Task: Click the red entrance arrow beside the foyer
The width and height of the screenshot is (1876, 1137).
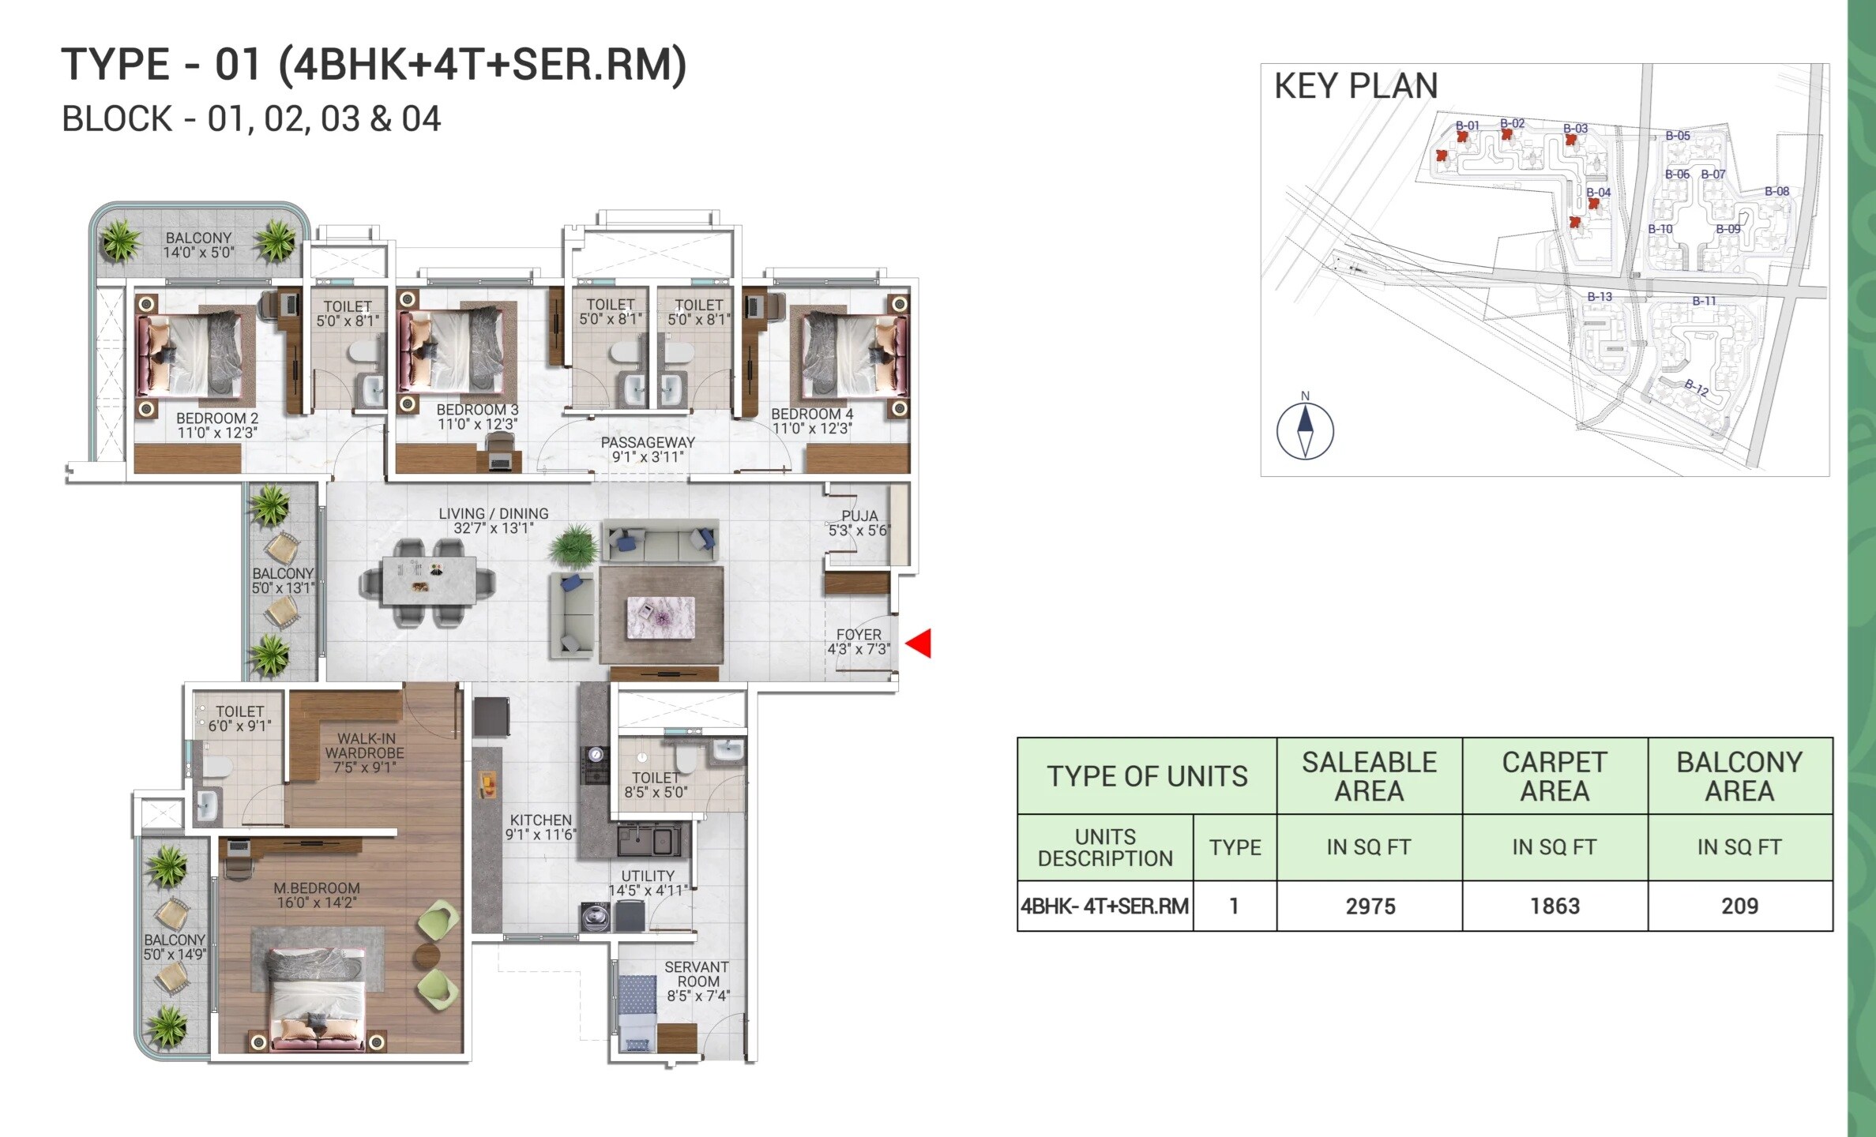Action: pos(919,643)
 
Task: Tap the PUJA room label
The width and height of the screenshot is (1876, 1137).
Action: pos(859,523)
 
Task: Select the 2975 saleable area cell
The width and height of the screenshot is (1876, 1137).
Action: pos(1370,906)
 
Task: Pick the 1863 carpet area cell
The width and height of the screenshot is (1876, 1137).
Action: pos(1555,906)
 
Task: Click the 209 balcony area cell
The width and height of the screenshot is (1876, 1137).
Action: pos(1739,906)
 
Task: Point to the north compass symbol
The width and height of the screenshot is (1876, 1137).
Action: pos(1305,430)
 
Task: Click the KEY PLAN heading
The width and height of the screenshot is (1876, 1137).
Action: pos(1355,86)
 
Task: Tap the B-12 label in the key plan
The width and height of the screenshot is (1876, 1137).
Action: pos(1696,387)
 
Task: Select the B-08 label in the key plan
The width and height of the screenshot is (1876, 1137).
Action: pos(1776,191)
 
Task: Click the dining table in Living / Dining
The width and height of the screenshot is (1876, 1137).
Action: pos(429,580)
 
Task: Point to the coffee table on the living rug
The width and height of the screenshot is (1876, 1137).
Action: pos(660,617)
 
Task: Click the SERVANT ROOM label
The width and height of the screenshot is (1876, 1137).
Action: pos(697,981)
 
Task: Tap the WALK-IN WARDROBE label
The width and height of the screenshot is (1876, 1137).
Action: pos(365,752)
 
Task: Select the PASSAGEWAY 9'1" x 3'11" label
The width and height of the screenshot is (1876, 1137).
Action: pos(648,449)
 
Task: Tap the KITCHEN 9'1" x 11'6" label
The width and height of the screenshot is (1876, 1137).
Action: pos(541,827)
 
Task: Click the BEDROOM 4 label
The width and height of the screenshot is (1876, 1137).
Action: pos(812,421)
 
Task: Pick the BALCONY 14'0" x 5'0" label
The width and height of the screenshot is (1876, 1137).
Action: pos(199,245)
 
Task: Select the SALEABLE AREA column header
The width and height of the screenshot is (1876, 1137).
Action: pos(1370,775)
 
